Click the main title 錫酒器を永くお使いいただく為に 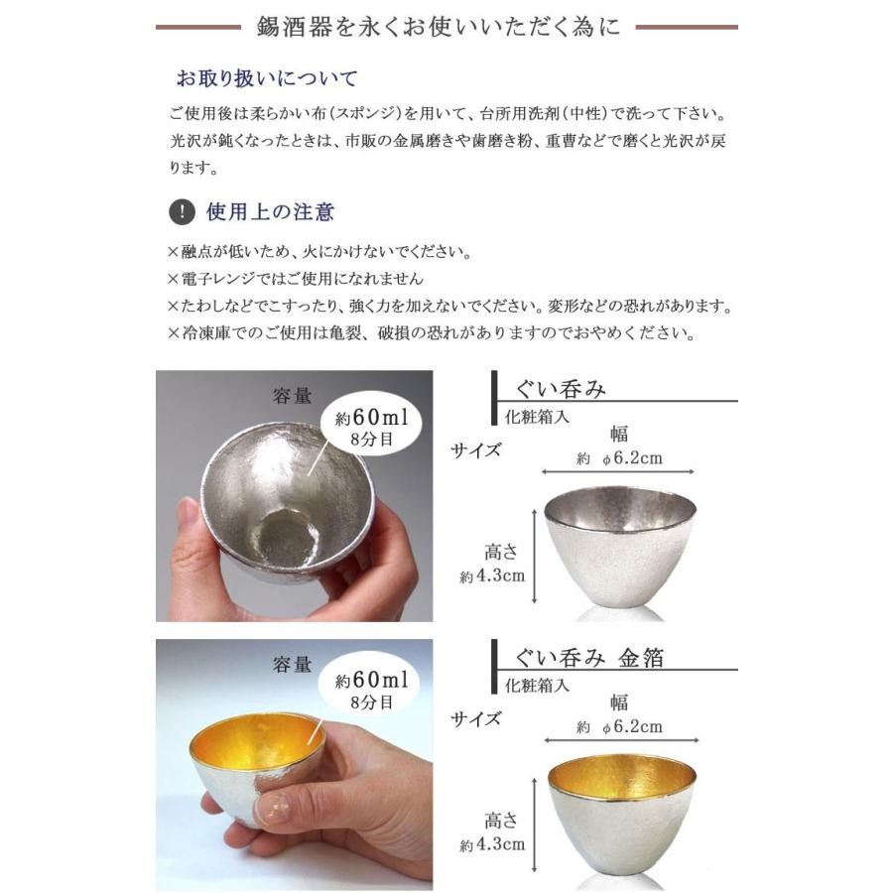coord(446,27)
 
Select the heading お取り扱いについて coord(266,78)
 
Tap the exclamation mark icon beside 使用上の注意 coord(183,212)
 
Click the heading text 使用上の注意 coord(270,211)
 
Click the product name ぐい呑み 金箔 coord(589,658)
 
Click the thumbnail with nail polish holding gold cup coord(294,765)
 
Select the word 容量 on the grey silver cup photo coord(293,397)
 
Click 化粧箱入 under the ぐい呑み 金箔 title coord(537,686)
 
